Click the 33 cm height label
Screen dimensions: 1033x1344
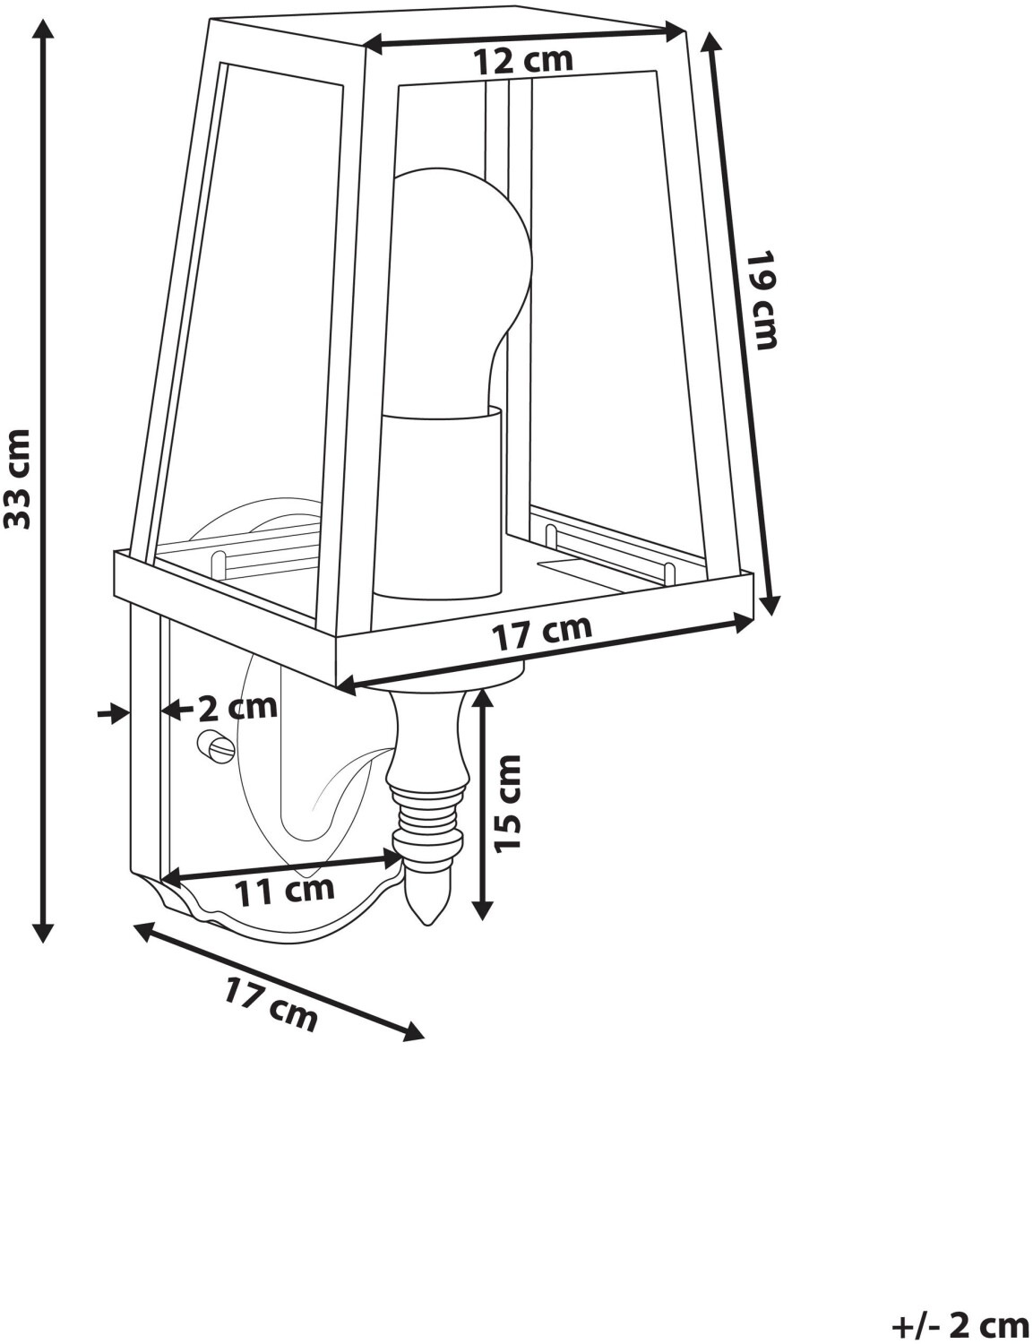pyautogui.click(x=19, y=478)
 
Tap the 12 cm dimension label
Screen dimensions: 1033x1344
pyautogui.click(x=522, y=61)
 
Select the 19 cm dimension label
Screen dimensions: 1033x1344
pyautogui.click(x=762, y=299)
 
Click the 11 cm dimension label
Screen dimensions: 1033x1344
pyautogui.click(x=284, y=890)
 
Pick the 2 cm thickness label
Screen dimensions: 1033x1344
pyautogui.click(x=237, y=708)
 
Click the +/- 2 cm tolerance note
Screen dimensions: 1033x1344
pyautogui.click(x=958, y=1323)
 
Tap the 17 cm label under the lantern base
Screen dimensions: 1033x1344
pyautogui.click(x=543, y=633)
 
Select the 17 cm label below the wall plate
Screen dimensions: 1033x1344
pyautogui.click(x=271, y=1004)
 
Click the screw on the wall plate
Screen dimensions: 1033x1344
pyautogui.click(x=216, y=745)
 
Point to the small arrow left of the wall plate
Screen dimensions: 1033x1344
pyautogui.click(x=112, y=713)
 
